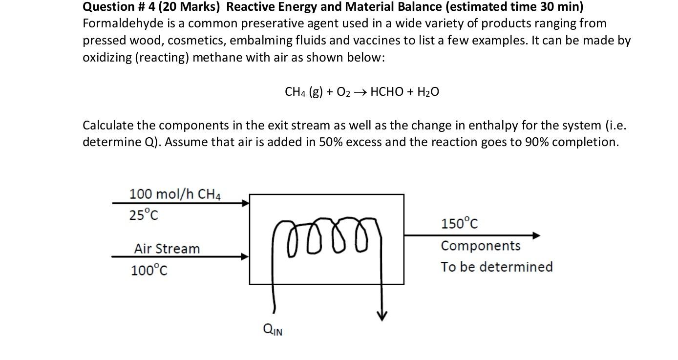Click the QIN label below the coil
273,330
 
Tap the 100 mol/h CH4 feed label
174,194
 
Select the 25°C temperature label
144,214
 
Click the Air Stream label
167,249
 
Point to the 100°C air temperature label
149,270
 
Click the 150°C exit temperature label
459,224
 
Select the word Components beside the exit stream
480,246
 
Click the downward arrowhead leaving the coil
381,317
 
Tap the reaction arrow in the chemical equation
360,92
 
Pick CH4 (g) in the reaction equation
303,92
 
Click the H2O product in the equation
428,92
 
